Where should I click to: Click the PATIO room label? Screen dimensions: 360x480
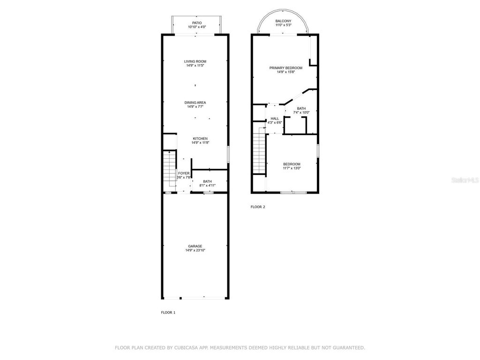(x=197, y=22)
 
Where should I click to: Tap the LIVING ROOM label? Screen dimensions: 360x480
(x=195, y=61)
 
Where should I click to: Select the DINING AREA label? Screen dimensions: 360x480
(x=195, y=103)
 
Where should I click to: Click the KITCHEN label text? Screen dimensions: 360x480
(x=200, y=139)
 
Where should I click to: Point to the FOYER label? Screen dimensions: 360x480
(x=184, y=173)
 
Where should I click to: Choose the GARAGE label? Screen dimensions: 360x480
(x=195, y=246)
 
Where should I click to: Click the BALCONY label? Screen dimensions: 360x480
(x=283, y=21)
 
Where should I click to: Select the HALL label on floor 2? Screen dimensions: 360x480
(x=275, y=119)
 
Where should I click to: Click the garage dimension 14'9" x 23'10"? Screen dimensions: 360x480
(x=195, y=251)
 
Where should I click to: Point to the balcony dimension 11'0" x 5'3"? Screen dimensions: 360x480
(x=283, y=25)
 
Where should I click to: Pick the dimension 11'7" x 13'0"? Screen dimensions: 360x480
(x=292, y=168)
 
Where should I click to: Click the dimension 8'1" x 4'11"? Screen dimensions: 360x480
(x=207, y=186)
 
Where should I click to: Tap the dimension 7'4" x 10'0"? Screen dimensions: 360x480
(x=301, y=112)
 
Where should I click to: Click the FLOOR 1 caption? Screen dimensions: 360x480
(x=168, y=312)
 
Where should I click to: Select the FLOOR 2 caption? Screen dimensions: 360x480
(x=258, y=207)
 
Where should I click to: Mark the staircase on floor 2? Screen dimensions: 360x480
(x=259, y=153)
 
